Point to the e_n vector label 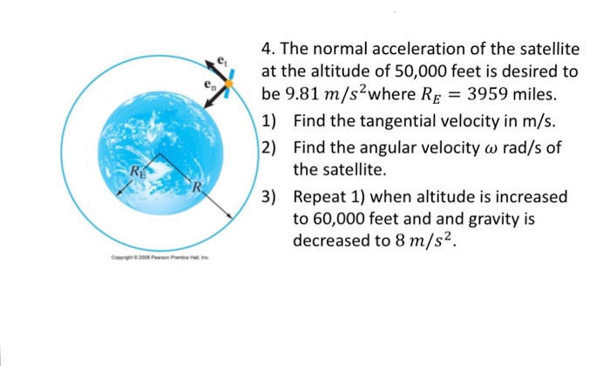[x=207, y=85]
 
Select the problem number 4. [x=267, y=49]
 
